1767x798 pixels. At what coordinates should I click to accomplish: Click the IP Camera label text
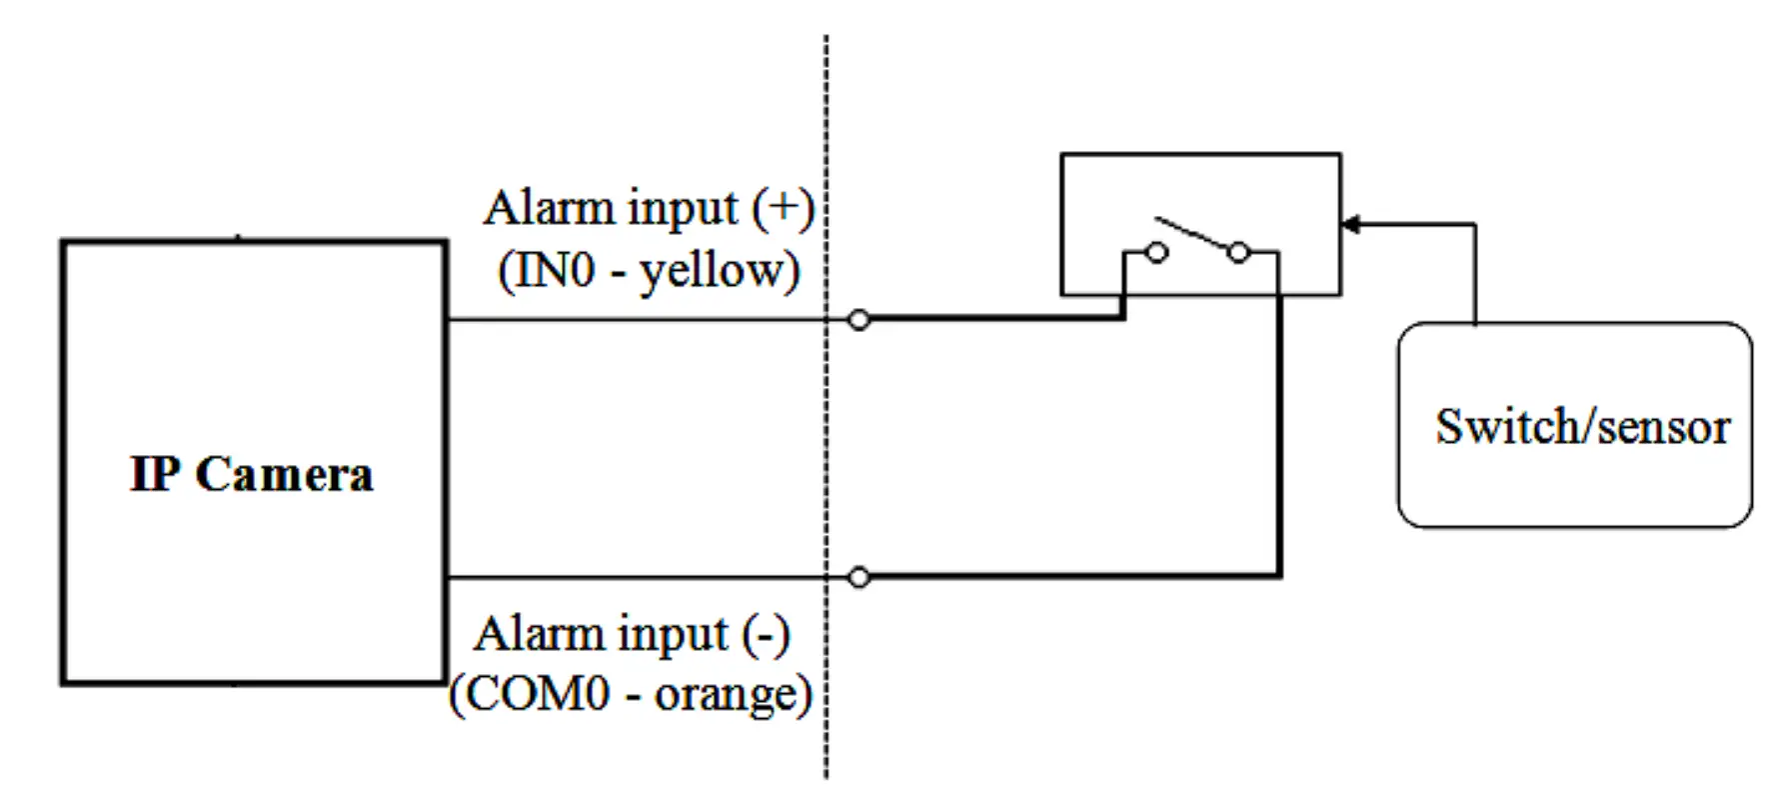(252, 474)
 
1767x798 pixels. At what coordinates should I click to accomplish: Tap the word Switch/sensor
(1582, 427)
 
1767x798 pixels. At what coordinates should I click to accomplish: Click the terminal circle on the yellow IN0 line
(859, 320)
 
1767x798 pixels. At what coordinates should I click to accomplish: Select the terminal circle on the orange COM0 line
(859, 577)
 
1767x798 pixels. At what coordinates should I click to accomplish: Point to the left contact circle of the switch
(1156, 252)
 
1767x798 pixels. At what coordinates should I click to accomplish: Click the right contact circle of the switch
(1238, 252)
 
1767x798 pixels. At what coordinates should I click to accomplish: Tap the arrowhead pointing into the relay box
(1350, 224)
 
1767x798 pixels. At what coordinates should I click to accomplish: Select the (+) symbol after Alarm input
(784, 208)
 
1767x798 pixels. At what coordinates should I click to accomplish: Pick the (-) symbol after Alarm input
(766, 634)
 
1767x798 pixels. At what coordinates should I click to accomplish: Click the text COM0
(538, 694)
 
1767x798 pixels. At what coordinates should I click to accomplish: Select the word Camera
(285, 474)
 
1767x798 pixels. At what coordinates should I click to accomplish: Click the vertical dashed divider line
(827, 450)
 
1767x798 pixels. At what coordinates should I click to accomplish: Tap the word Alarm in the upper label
(549, 208)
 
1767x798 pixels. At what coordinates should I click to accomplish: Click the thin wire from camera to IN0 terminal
(640, 320)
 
